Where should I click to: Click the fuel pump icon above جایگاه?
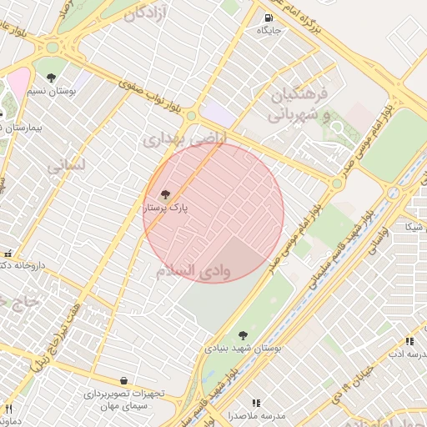tap(267, 18)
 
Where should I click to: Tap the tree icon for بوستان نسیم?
tap(52, 78)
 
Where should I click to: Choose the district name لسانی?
tap(66, 166)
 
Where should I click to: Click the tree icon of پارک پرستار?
tap(165, 194)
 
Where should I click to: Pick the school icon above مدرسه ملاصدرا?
tap(256, 403)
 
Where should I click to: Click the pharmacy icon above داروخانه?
tap(8, 253)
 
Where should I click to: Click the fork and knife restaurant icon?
tap(9, 409)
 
